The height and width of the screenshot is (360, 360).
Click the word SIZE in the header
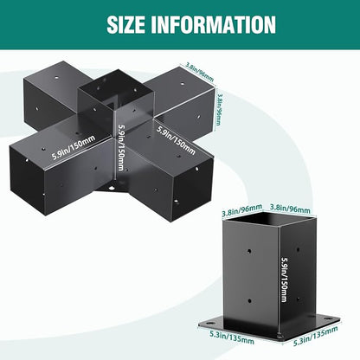pos(125,24)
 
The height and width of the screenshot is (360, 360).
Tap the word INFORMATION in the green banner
pos(213,24)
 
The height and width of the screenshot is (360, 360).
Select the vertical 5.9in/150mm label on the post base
pos(284,280)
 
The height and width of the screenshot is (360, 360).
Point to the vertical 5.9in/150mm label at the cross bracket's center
pos(121,148)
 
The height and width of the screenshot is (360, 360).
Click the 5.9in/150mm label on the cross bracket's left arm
pos(74,147)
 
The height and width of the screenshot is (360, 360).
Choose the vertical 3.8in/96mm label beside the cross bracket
pos(219,108)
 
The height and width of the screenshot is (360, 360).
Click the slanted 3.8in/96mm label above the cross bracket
pos(200,72)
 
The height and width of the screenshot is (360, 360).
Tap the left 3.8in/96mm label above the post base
pos(241,210)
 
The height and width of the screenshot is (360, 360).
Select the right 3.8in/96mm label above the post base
pos(290,209)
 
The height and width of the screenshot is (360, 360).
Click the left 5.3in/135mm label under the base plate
pos(232,337)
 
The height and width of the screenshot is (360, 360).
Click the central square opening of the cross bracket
pos(115,89)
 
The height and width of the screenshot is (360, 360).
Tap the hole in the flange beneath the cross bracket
pos(111,188)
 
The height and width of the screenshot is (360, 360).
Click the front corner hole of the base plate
pos(279,336)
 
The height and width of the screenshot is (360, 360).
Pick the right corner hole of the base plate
pos(327,318)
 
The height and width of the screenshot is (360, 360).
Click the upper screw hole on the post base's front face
pos(249,251)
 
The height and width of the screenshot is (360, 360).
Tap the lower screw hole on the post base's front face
pos(250,301)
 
